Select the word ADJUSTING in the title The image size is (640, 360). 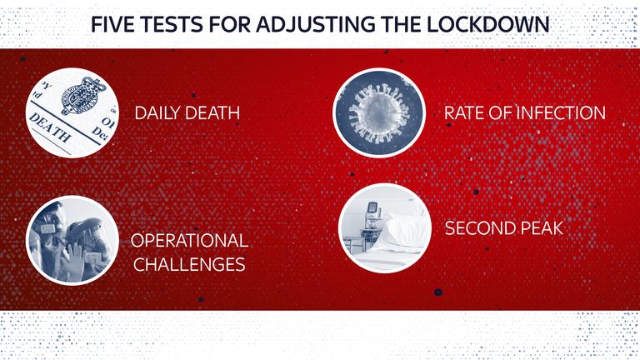click(316, 24)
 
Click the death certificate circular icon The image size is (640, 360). click(72, 112)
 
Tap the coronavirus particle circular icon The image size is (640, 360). click(379, 112)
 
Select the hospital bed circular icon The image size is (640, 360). click(385, 227)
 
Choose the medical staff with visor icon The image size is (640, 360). click(72, 240)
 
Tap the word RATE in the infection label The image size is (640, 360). click(463, 113)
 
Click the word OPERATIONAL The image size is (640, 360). click(189, 240)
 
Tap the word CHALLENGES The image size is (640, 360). click(189, 264)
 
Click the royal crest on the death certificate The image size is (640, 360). click(83, 96)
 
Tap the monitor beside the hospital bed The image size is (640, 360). click(372, 209)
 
